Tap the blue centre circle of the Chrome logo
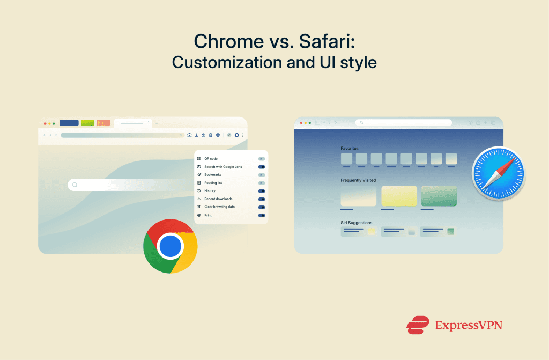coord(170,246)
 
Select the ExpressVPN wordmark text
coord(469,325)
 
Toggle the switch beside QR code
coord(261,159)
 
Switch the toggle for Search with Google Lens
coord(261,167)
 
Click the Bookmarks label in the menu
coord(213,175)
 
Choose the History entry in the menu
coord(210,190)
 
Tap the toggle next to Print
coord(261,215)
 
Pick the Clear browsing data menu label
coord(219,207)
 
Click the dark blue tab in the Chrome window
coord(69,123)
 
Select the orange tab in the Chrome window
coord(103,123)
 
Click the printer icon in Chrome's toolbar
coord(218,135)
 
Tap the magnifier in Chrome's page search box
coord(75,185)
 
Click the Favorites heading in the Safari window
coord(350,148)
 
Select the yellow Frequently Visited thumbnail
coord(399,196)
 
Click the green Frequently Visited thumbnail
coord(439,196)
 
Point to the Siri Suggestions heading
coord(356,222)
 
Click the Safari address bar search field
coord(404,123)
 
